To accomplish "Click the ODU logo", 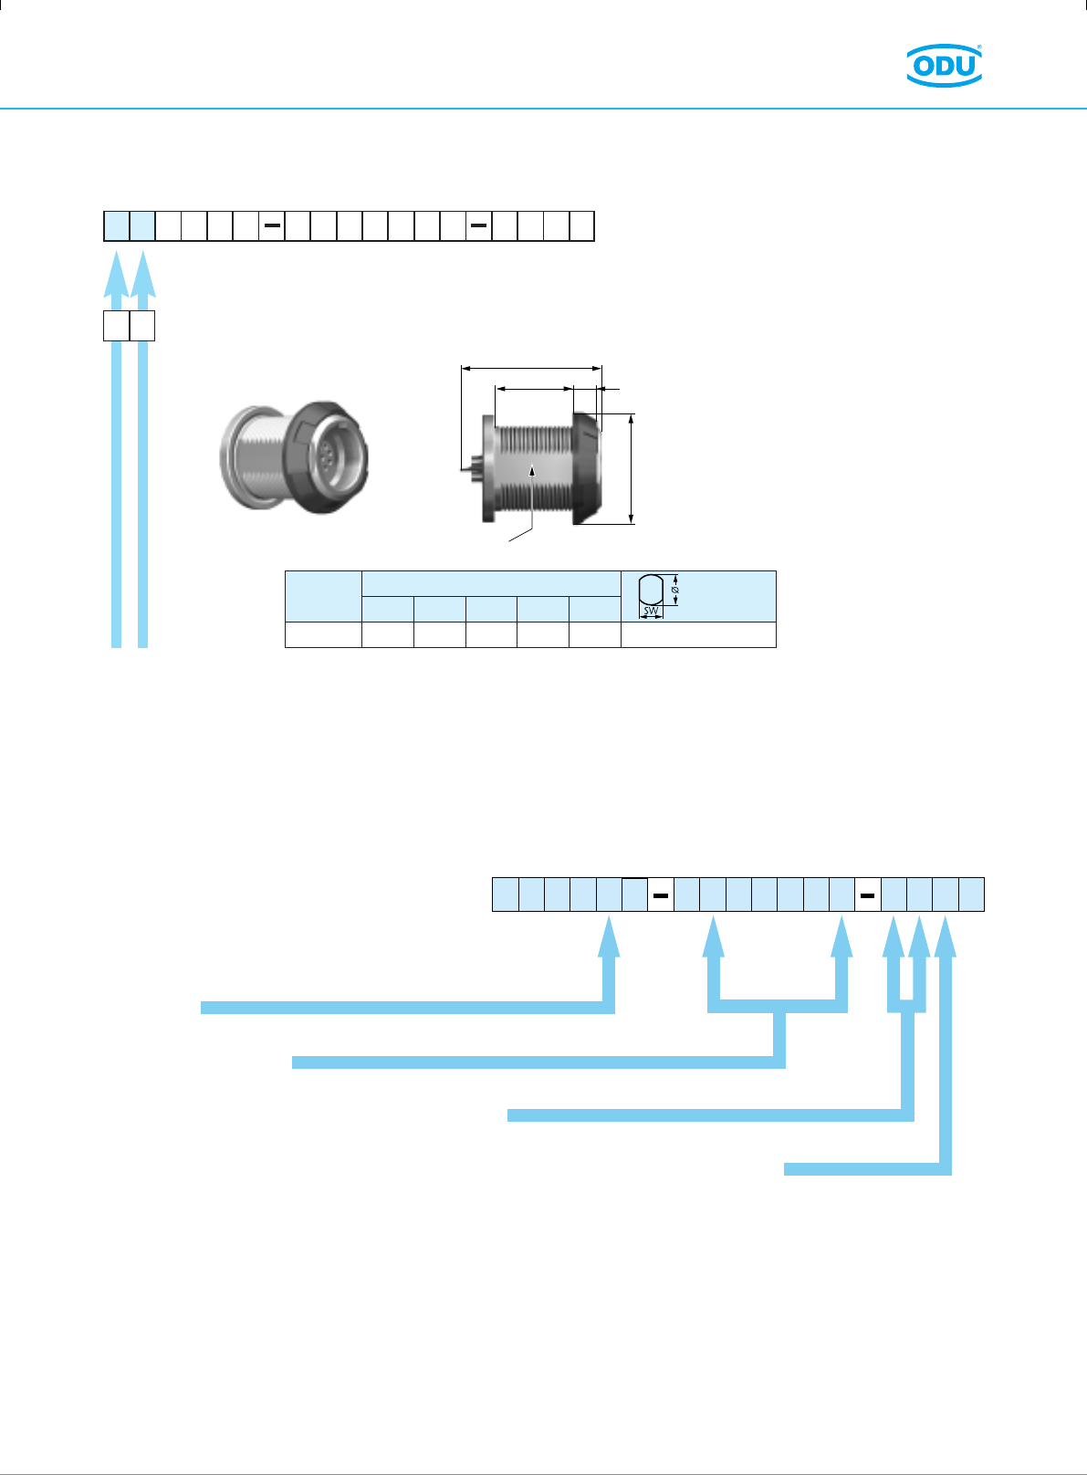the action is (x=944, y=65).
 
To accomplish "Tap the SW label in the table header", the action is (x=651, y=611).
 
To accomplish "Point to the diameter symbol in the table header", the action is (x=674, y=590).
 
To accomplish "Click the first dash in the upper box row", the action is (x=272, y=225).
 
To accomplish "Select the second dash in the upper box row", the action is (x=478, y=225).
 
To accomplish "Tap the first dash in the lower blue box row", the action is (x=661, y=895).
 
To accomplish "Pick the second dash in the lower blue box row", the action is (x=867, y=895).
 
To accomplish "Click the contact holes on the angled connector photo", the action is (x=326, y=455).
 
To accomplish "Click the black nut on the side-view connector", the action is (x=587, y=469).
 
